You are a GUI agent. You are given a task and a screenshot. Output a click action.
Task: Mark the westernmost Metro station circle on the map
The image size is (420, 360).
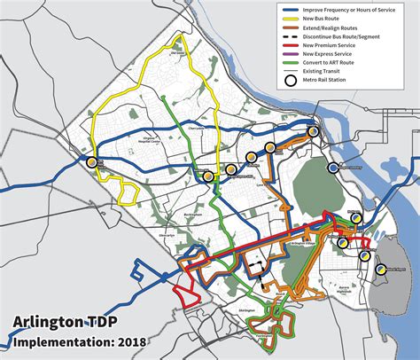pos(91,161)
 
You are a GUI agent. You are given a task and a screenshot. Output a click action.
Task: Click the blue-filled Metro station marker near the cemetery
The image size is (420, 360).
pos(333,168)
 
